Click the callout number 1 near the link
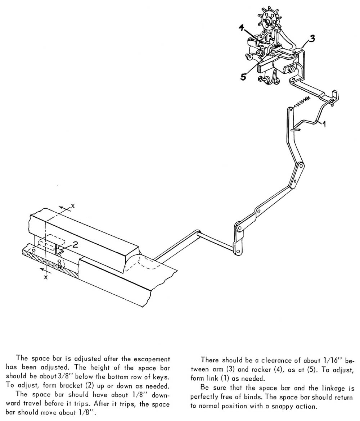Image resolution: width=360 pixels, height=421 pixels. [324, 124]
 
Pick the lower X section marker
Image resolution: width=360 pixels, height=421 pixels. [46, 277]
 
